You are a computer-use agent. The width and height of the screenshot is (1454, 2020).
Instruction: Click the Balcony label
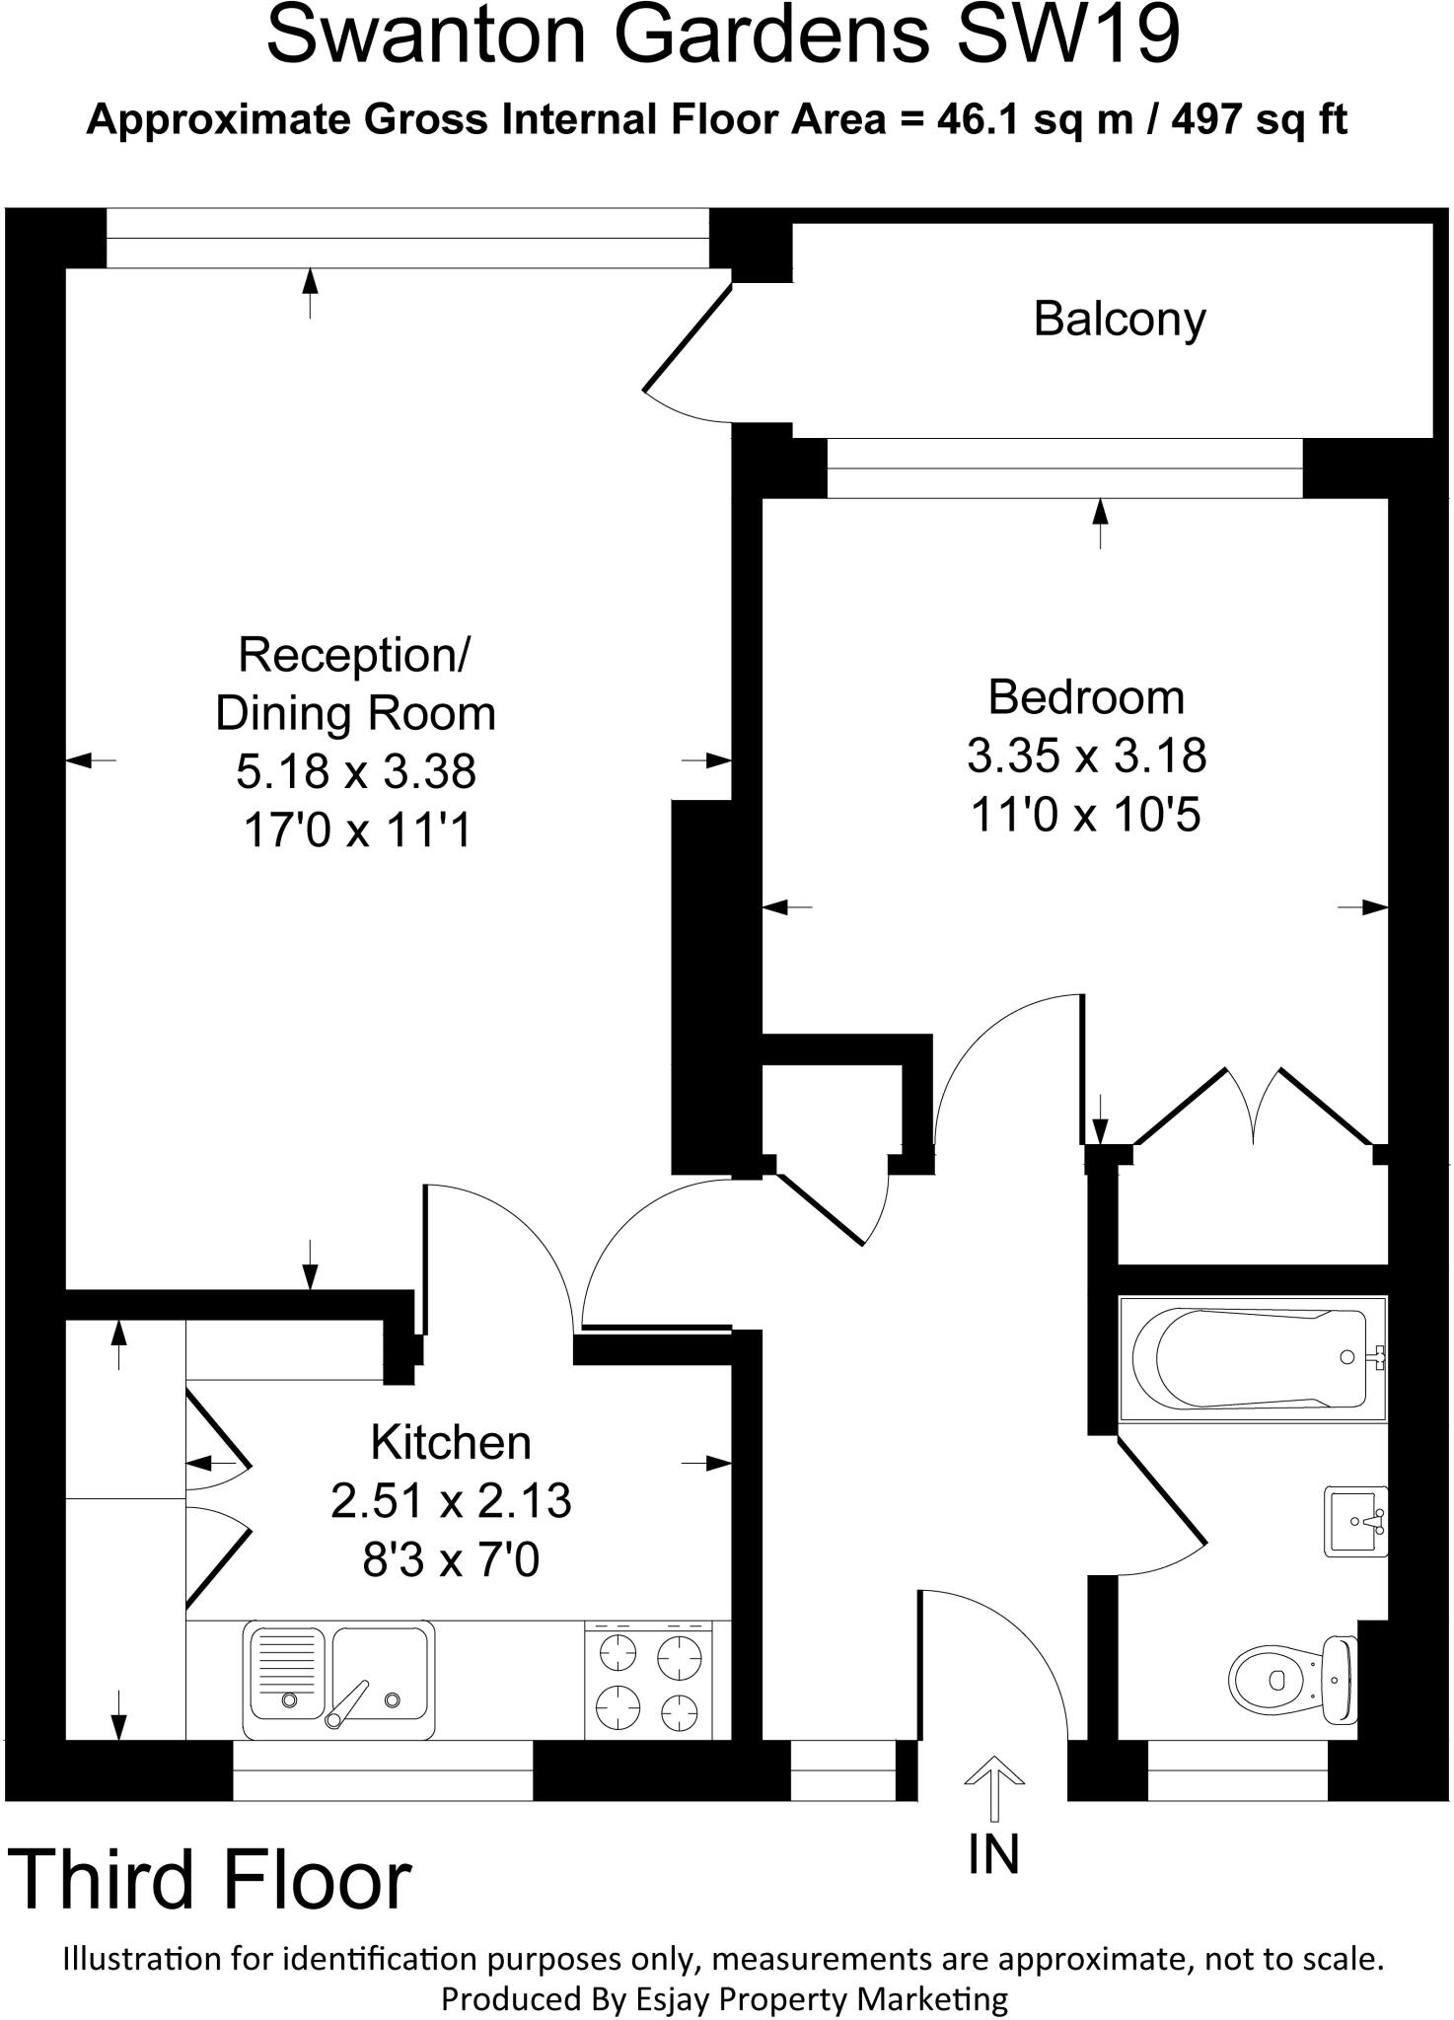point(1119,320)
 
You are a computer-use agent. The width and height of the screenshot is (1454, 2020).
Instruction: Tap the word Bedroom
point(1085,697)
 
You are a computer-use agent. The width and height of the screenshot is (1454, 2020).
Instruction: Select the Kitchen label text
point(451,1443)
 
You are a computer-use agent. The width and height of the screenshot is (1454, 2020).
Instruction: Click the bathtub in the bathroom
point(1250,1358)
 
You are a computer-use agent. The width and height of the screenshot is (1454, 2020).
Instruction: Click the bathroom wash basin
point(1356,1522)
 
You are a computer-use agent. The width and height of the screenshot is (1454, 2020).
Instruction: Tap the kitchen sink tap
point(347,1704)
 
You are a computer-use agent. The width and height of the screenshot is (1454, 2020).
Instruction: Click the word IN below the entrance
point(993,1853)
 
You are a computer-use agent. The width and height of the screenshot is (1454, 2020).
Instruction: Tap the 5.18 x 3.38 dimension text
point(356,771)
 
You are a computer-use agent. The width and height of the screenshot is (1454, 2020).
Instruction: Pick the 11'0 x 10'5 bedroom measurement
point(1085,816)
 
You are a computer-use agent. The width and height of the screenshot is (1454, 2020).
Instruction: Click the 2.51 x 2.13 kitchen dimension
point(451,1501)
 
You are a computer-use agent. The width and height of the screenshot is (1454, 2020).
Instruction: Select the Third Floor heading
point(210,1880)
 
